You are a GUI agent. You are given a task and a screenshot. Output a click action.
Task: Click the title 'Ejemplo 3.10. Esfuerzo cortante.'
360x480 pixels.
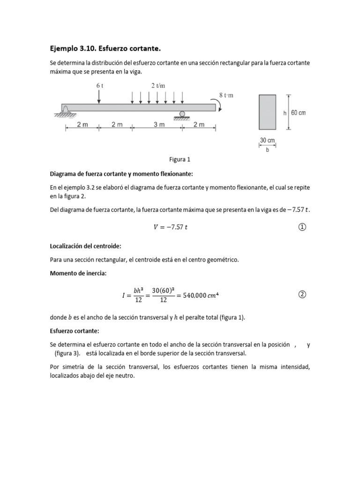(x=107, y=48)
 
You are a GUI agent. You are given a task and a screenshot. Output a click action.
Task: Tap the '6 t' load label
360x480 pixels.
(x=99, y=86)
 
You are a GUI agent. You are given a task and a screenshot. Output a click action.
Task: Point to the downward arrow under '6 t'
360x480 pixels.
(x=99, y=97)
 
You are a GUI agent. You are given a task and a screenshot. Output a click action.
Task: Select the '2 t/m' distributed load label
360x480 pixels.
(x=158, y=86)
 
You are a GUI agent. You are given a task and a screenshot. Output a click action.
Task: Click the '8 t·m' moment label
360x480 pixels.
(x=226, y=95)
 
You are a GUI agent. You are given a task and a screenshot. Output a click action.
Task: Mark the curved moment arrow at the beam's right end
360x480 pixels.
(x=220, y=107)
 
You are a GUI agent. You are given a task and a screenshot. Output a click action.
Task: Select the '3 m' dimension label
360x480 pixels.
(x=157, y=125)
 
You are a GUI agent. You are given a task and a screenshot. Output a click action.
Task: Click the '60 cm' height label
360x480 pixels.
(x=298, y=113)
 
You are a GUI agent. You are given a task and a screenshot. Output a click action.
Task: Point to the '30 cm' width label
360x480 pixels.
(x=267, y=140)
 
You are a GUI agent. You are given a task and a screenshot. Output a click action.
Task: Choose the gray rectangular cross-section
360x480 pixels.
(x=267, y=112)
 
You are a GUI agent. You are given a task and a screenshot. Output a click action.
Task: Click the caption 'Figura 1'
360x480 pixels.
(x=180, y=159)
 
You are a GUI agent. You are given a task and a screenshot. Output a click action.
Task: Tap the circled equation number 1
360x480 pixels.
(x=302, y=227)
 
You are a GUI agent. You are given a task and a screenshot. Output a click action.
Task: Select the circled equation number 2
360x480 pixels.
(x=302, y=294)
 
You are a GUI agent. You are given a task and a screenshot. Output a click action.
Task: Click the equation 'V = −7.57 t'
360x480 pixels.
(x=171, y=227)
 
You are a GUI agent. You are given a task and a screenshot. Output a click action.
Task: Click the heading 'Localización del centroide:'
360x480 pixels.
(x=86, y=246)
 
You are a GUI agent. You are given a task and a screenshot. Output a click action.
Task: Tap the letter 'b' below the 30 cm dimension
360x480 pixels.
(x=267, y=150)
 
